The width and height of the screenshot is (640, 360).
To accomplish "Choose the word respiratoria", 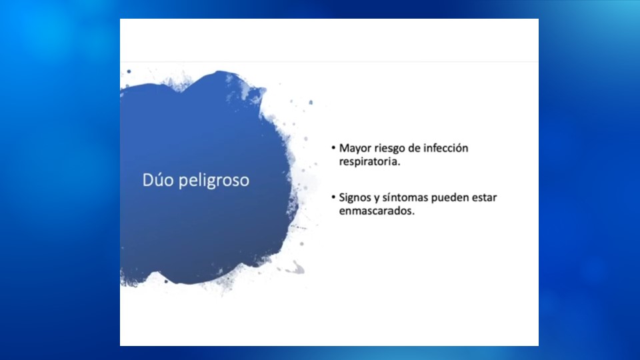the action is (x=368, y=161).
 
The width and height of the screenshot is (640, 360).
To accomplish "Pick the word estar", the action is (x=485, y=197).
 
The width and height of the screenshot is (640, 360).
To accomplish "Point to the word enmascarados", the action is (x=375, y=211).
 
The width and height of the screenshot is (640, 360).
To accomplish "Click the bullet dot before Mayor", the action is (x=333, y=148).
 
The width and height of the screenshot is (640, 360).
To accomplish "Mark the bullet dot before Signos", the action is (x=333, y=197).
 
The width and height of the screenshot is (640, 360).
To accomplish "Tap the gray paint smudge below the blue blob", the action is (x=296, y=268).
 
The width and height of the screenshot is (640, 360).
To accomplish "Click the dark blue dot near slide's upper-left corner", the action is (x=129, y=71).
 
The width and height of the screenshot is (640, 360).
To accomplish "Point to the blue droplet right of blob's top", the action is (x=311, y=102).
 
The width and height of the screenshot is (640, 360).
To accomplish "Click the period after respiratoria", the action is (x=399, y=165).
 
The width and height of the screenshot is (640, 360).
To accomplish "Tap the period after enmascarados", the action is (x=413, y=214).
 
